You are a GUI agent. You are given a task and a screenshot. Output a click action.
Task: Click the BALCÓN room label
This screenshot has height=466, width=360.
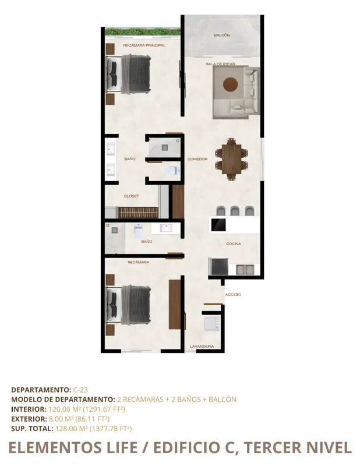click(222, 36)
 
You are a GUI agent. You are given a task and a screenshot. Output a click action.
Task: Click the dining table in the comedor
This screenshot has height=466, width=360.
click(232, 158)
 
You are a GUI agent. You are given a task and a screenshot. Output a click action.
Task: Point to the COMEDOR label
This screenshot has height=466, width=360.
click(197, 159)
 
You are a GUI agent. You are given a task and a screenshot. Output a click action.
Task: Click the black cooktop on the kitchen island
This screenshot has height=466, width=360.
click(219, 224)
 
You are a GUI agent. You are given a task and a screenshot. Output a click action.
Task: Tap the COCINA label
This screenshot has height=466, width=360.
click(234, 243)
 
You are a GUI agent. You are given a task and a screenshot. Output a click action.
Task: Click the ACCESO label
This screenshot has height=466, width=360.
click(233, 295)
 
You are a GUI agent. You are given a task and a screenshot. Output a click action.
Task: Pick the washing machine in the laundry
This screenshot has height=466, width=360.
click(210, 323)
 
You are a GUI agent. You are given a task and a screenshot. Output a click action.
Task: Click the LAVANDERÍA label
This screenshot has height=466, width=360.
click(202, 347)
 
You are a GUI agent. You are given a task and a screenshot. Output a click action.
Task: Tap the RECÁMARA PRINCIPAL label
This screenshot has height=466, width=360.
click(144, 45)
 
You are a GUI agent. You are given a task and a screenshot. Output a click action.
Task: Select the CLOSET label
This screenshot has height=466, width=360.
click(131, 196)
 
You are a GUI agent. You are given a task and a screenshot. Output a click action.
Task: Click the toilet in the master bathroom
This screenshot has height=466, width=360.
click(171, 171)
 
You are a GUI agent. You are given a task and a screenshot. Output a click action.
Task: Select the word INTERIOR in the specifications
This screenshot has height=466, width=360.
click(27, 409)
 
